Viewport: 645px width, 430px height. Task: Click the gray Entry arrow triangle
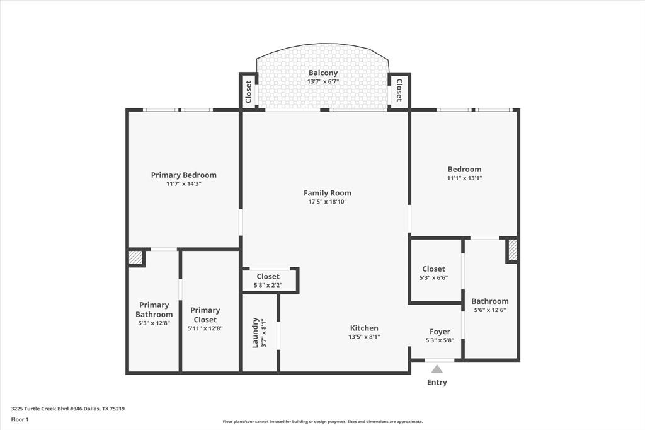(x=437, y=369)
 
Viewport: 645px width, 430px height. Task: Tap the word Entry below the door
(x=437, y=382)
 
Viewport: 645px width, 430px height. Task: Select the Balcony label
(x=322, y=73)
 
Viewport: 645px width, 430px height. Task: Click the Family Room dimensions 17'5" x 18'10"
(x=328, y=202)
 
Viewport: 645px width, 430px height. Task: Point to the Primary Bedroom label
(x=183, y=175)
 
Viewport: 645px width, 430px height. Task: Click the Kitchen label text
(x=364, y=328)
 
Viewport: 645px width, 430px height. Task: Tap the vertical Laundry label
(x=256, y=332)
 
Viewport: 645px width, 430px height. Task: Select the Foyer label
(x=440, y=332)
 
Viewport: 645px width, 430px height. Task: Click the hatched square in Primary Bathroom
(x=135, y=257)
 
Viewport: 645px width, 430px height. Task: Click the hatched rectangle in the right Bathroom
(x=512, y=250)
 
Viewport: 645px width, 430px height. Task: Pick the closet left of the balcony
(x=248, y=91)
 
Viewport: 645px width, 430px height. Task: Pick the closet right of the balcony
(x=399, y=90)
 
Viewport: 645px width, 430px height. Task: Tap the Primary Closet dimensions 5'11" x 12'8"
(x=205, y=328)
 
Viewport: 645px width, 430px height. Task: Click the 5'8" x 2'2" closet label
(x=268, y=285)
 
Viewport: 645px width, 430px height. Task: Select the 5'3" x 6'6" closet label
(x=433, y=277)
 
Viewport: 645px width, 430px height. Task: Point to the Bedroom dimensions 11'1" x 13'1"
(x=464, y=178)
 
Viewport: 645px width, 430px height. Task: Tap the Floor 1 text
(x=20, y=419)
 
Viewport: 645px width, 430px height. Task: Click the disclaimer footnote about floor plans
(x=322, y=422)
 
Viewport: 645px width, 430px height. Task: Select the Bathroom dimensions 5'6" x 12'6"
(x=489, y=310)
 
